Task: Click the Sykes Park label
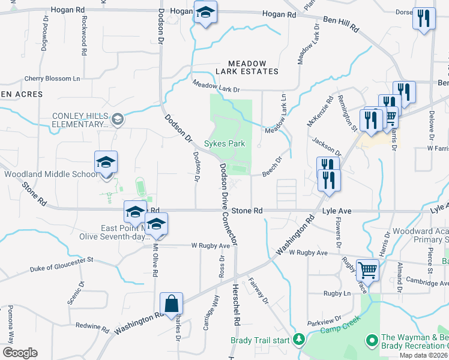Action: point(224,144)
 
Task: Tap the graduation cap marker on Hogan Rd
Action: point(205,13)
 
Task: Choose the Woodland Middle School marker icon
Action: point(106,163)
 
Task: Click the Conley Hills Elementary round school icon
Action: point(118,118)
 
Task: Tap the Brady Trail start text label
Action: point(259,340)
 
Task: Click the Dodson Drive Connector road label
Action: point(229,204)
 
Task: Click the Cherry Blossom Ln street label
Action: point(52,79)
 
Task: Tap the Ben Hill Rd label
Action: point(340,24)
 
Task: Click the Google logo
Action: point(20,352)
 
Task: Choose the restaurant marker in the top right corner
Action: point(424,18)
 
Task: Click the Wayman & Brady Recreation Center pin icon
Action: point(372,341)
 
